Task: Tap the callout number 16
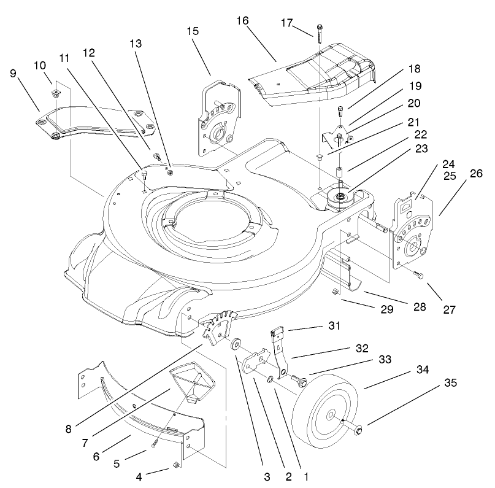tap(242, 21)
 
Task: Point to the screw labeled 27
tap(419, 277)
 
